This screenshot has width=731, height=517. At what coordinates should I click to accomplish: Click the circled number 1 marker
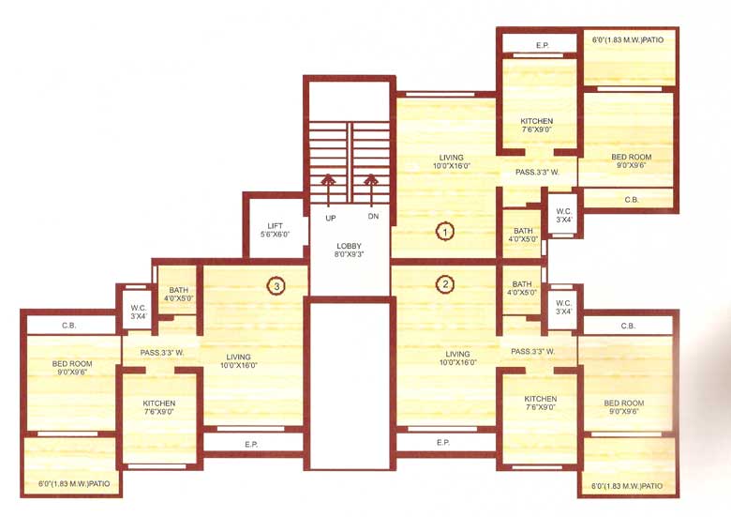(x=445, y=229)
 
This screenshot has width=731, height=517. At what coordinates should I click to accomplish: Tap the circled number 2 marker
(x=445, y=283)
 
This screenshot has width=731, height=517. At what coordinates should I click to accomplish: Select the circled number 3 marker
(x=275, y=285)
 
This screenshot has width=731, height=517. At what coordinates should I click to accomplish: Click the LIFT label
(x=275, y=230)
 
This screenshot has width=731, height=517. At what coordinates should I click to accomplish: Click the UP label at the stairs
(x=331, y=218)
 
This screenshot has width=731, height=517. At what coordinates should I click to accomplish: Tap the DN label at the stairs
(x=373, y=218)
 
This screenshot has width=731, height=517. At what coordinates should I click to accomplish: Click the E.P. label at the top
(x=542, y=45)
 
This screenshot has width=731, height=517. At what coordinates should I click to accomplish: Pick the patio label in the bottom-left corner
(x=74, y=484)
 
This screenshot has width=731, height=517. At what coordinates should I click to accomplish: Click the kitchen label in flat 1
(x=537, y=126)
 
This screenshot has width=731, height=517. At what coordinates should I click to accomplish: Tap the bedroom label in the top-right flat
(x=631, y=160)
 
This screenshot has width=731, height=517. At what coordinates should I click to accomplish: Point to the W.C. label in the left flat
(x=138, y=312)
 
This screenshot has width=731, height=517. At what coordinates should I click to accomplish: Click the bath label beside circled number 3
(x=178, y=295)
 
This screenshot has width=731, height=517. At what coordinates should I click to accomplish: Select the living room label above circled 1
(x=452, y=161)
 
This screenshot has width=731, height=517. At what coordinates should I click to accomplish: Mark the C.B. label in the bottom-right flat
(x=628, y=326)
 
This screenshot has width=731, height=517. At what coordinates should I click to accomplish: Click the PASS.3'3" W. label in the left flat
(x=162, y=353)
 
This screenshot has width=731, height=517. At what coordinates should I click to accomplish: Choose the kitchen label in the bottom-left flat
(x=159, y=408)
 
